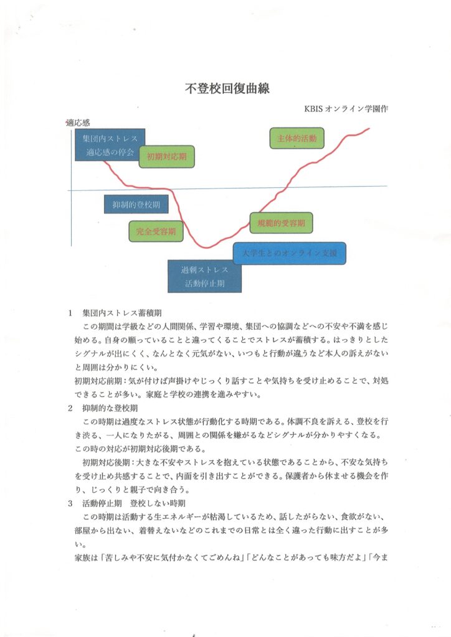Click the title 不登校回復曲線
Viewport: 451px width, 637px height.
tap(227, 88)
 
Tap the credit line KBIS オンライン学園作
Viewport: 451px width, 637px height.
tap(346, 109)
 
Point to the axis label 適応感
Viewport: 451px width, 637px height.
tap(78, 123)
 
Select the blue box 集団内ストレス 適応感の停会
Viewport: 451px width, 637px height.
tap(110, 144)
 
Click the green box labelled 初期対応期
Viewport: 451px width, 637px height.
tap(167, 156)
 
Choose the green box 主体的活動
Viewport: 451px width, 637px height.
tap(297, 138)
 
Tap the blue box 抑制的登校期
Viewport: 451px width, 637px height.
tap(136, 204)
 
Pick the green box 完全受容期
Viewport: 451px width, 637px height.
tap(156, 231)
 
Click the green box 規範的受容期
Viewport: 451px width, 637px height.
tap(282, 223)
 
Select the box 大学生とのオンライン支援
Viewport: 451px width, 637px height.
tap(290, 254)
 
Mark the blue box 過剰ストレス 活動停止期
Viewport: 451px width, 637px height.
tap(204, 276)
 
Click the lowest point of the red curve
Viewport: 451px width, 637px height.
tap(207, 248)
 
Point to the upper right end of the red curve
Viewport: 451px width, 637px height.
tap(369, 128)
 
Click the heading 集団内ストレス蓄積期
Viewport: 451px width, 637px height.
tap(122, 313)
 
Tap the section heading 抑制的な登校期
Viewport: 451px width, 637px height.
tap(110, 408)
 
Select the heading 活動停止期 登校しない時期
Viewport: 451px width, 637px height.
tap(134, 503)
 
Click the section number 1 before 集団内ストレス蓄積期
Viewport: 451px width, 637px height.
tap(70, 313)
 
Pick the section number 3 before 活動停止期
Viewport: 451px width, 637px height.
tap(70, 503)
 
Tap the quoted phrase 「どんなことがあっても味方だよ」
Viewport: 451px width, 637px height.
tap(305, 557)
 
